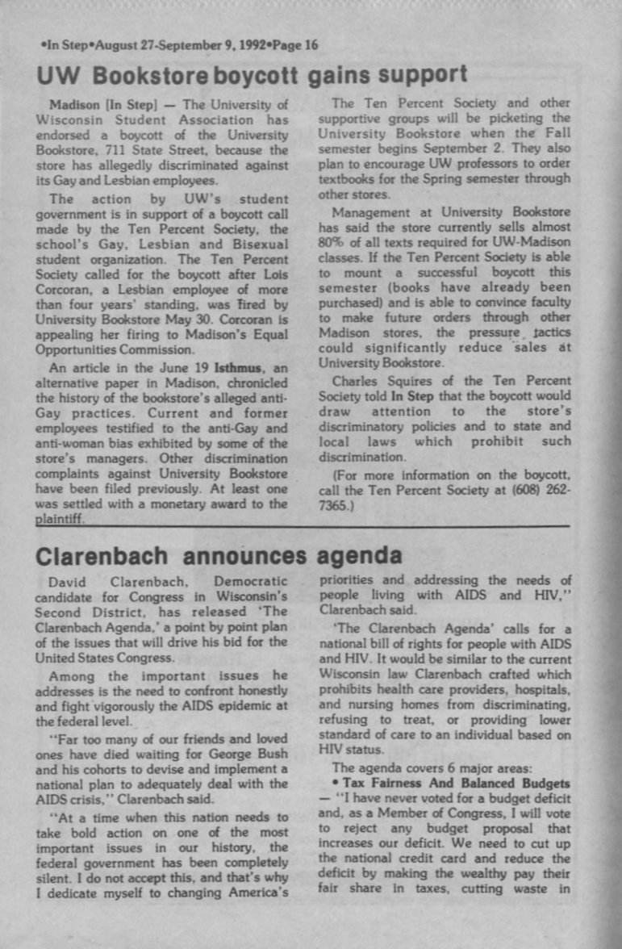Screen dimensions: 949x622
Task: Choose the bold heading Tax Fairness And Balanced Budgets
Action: (x=457, y=784)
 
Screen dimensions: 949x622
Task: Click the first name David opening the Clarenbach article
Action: (x=68, y=583)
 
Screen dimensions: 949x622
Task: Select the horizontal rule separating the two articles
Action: (x=323, y=526)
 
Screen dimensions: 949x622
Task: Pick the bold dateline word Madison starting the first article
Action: (x=73, y=105)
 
